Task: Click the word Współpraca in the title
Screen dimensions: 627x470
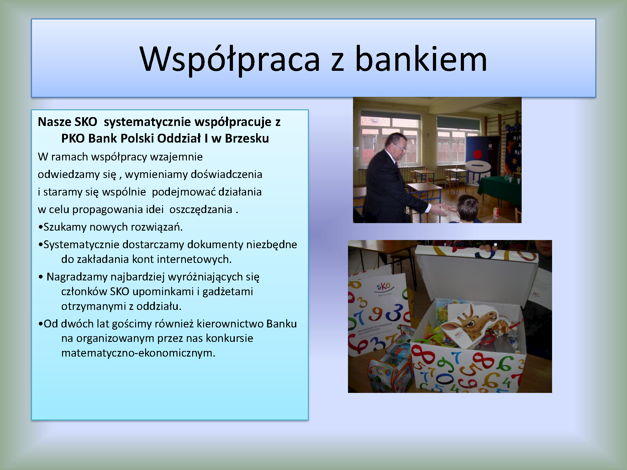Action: (230, 60)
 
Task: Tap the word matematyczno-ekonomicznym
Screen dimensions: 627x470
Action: (138, 353)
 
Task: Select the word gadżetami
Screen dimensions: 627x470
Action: (228, 292)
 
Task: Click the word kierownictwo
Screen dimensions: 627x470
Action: (230, 324)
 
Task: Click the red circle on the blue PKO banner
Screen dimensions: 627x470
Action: (477, 154)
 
